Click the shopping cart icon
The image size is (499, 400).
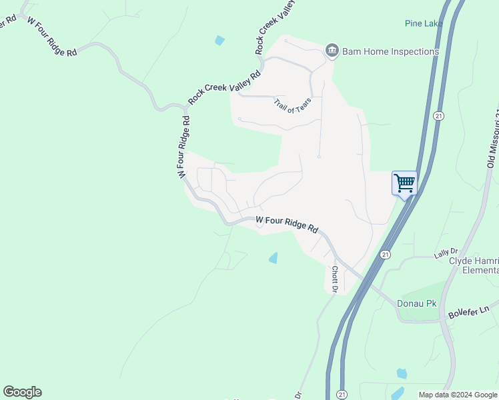point(404,183)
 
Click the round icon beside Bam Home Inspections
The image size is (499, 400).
point(332,51)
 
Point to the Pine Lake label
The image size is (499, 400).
point(424,23)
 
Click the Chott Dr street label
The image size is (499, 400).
point(335,279)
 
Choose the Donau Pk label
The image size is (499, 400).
point(417,303)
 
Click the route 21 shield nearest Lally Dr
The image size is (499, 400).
point(385,255)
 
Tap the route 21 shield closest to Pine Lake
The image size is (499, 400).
point(438,115)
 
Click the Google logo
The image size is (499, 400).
point(22,392)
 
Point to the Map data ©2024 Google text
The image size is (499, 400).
point(458,395)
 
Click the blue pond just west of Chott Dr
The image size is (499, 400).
point(274,258)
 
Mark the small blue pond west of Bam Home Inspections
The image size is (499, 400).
point(220,41)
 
